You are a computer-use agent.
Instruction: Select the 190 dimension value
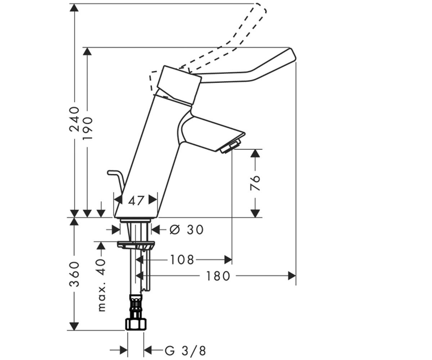click(87, 129)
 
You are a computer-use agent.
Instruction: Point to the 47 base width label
click(136, 201)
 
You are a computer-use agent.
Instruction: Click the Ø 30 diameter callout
click(186, 229)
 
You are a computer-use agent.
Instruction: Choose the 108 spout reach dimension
click(182, 260)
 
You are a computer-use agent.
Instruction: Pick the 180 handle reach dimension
click(218, 276)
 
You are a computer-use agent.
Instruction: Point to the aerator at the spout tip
click(231, 146)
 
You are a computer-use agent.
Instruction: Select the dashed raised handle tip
click(260, 8)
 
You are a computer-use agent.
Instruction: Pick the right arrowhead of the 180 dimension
click(292, 276)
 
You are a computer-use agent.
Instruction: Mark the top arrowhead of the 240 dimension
click(74, 8)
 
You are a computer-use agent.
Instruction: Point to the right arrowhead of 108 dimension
click(228, 260)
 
